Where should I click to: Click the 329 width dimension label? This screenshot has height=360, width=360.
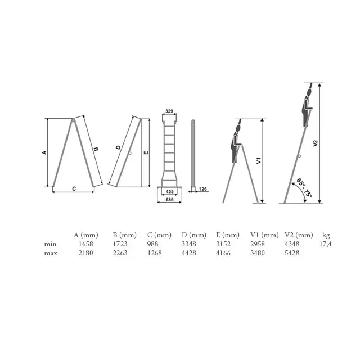169,111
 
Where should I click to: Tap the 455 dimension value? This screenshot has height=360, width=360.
170,191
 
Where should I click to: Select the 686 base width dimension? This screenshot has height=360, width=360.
170,200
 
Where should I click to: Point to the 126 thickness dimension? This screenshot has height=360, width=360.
202,189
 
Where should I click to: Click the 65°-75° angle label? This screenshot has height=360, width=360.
304,188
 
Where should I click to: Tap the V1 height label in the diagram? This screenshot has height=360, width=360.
259,160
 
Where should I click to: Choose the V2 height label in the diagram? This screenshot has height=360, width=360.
316,143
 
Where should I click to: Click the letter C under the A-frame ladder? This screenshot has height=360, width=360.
74,189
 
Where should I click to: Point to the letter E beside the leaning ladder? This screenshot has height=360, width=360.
146,152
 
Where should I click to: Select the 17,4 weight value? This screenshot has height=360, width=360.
326,244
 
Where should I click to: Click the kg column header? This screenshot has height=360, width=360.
326,235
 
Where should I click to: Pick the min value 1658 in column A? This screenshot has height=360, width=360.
85,244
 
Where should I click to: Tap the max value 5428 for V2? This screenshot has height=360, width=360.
292,253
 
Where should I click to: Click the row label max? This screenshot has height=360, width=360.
51,254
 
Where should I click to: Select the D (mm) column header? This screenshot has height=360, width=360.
194,235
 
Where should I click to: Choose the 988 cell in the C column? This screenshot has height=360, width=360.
152,244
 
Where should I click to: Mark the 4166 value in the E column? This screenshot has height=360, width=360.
223,253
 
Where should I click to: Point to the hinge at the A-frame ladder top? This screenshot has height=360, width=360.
73,120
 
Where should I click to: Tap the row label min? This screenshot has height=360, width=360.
50,244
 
